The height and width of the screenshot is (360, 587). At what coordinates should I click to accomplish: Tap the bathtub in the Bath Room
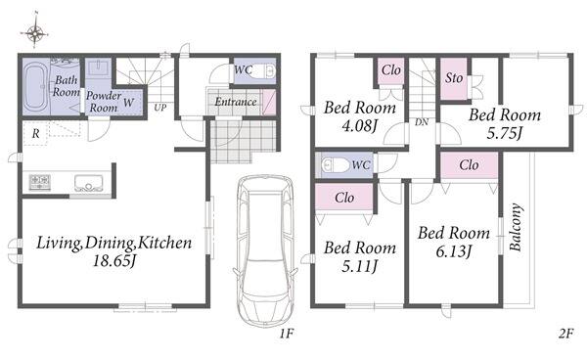(x=35, y=86)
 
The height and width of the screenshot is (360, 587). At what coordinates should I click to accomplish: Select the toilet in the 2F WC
(x=336, y=164)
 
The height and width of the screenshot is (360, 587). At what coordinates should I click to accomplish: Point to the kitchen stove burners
(x=40, y=183)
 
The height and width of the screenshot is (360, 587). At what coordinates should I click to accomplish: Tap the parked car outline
(x=265, y=251)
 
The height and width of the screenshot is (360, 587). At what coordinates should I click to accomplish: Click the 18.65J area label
(x=113, y=260)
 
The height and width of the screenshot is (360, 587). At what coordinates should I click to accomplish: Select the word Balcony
(x=516, y=227)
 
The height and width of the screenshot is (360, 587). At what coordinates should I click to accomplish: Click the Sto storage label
(x=454, y=78)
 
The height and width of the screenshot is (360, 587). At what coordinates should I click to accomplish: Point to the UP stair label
(x=160, y=108)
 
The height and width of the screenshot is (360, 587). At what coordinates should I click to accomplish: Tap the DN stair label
(x=422, y=122)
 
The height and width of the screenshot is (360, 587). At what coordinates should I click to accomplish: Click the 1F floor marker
(x=286, y=333)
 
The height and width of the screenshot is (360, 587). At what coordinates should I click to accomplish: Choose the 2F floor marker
(x=566, y=333)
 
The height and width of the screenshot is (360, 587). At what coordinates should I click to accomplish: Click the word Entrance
(x=236, y=102)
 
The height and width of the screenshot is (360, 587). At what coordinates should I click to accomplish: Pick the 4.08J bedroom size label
(x=359, y=126)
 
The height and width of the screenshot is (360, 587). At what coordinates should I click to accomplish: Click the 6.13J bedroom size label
(x=453, y=251)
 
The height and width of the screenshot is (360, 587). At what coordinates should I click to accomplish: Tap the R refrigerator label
(x=35, y=134)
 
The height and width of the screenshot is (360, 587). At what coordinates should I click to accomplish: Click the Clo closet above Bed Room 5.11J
(x=344, y=198)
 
